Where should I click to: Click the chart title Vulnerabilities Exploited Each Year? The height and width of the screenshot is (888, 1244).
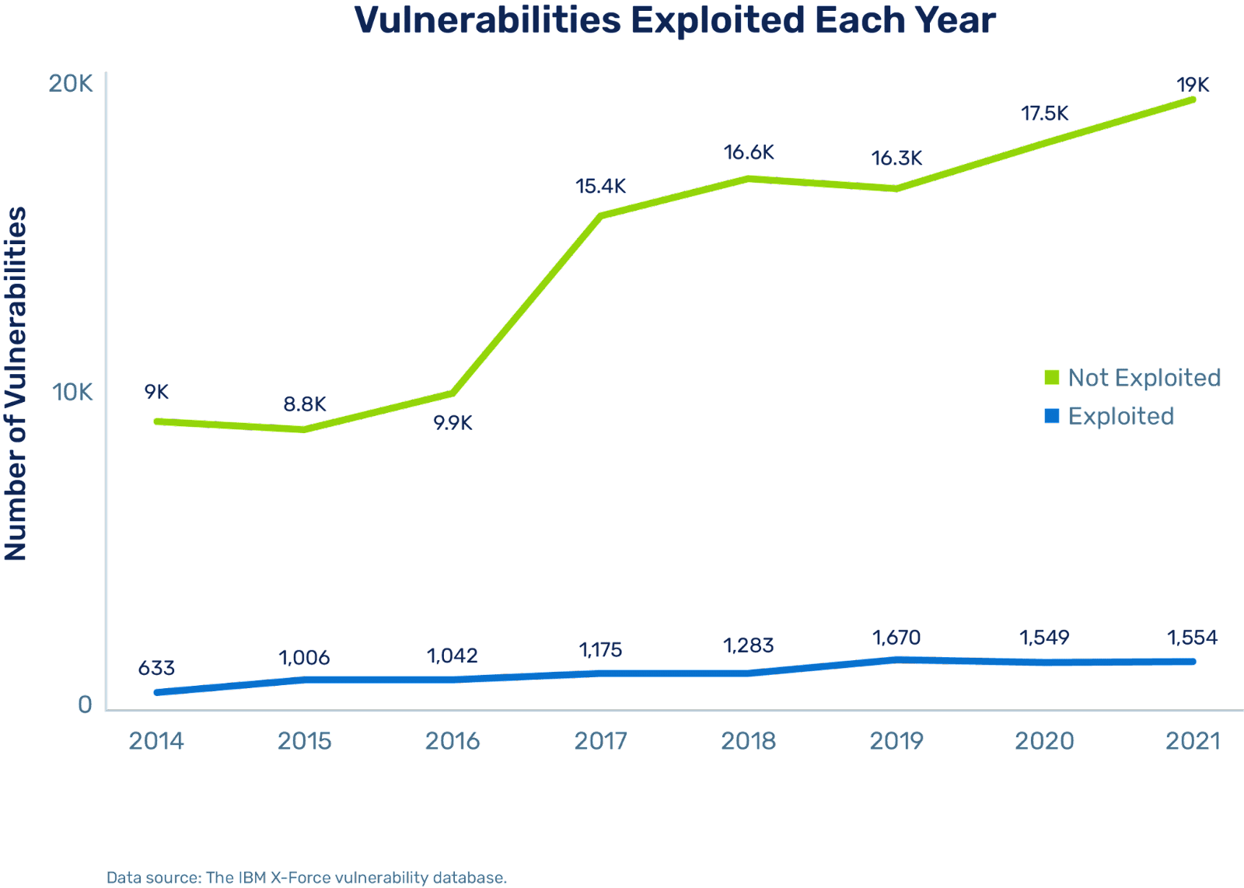click(675, 21)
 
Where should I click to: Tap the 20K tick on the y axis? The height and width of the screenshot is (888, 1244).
click(71, 83)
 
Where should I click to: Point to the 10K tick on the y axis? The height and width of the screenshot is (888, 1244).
click(72, 393)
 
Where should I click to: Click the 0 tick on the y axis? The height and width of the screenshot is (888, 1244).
click(85, 704)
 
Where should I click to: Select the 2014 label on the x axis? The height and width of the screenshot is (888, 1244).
click(156, 741)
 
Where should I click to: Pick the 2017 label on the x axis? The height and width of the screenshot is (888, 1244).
click(601, 741)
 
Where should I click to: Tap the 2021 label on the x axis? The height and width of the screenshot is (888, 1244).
click(1193, 741)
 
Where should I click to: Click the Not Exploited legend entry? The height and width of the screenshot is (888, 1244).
click(1143, 378)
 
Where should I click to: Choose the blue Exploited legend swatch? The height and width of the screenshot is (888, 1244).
click(1052, 417)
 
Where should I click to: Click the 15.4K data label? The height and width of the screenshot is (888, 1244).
click(601, 187)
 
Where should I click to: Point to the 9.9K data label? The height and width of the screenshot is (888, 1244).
click(453, 423)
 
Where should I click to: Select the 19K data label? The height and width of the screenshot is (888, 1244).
click(1193, 85)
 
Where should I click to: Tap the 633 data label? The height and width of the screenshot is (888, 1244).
click(156, 669)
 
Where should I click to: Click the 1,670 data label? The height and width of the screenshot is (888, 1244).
click(896, 638)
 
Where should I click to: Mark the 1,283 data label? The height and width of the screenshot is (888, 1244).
click(749, 645)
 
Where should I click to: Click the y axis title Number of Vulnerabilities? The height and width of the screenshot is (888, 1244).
click(16, 383)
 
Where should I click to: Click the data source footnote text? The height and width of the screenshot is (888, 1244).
click(306, 878)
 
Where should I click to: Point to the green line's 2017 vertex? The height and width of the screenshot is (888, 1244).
click(601, 215)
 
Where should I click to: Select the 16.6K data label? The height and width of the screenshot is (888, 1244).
click(749, 153)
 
